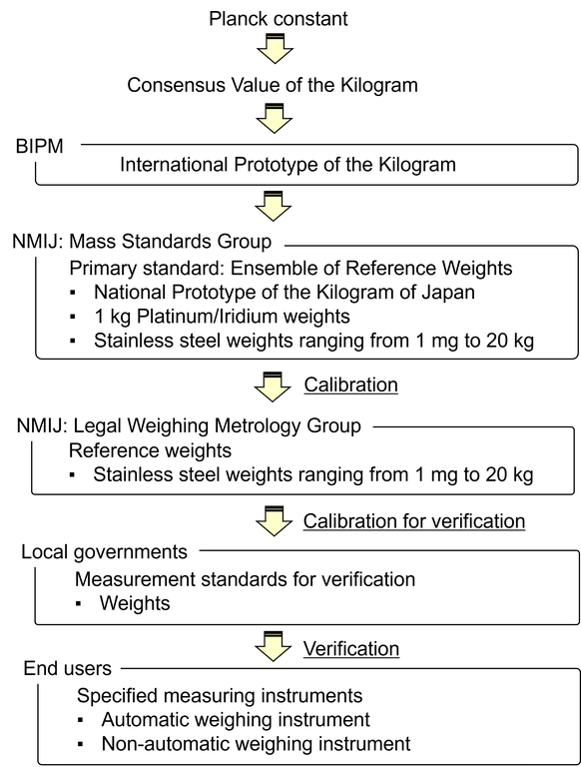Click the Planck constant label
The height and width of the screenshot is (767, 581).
[278, 19]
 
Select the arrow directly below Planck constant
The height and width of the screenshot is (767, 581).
[275, 48]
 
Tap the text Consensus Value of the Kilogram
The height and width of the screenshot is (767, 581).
[273, 85]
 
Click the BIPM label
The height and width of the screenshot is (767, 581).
[40, 146]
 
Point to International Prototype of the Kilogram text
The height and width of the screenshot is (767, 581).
[288, 165]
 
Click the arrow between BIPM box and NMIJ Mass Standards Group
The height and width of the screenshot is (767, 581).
[274, 206]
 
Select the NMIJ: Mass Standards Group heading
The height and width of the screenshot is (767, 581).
[142, 242]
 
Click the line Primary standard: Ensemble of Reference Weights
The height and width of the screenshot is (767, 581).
[290, 268]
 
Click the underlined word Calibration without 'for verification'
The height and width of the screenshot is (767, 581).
[350, 384]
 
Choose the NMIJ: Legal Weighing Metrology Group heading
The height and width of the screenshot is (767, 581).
[189, 426]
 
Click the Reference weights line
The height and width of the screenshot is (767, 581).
[150, 450]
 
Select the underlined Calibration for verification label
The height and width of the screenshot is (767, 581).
[414, 521]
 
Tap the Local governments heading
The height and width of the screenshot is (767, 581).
[104, 552]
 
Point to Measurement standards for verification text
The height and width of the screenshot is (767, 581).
[245, 579]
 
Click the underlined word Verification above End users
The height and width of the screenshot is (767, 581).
[351, 649]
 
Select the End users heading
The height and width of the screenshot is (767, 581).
[68, 669]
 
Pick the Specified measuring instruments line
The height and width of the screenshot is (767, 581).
[220, 696]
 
